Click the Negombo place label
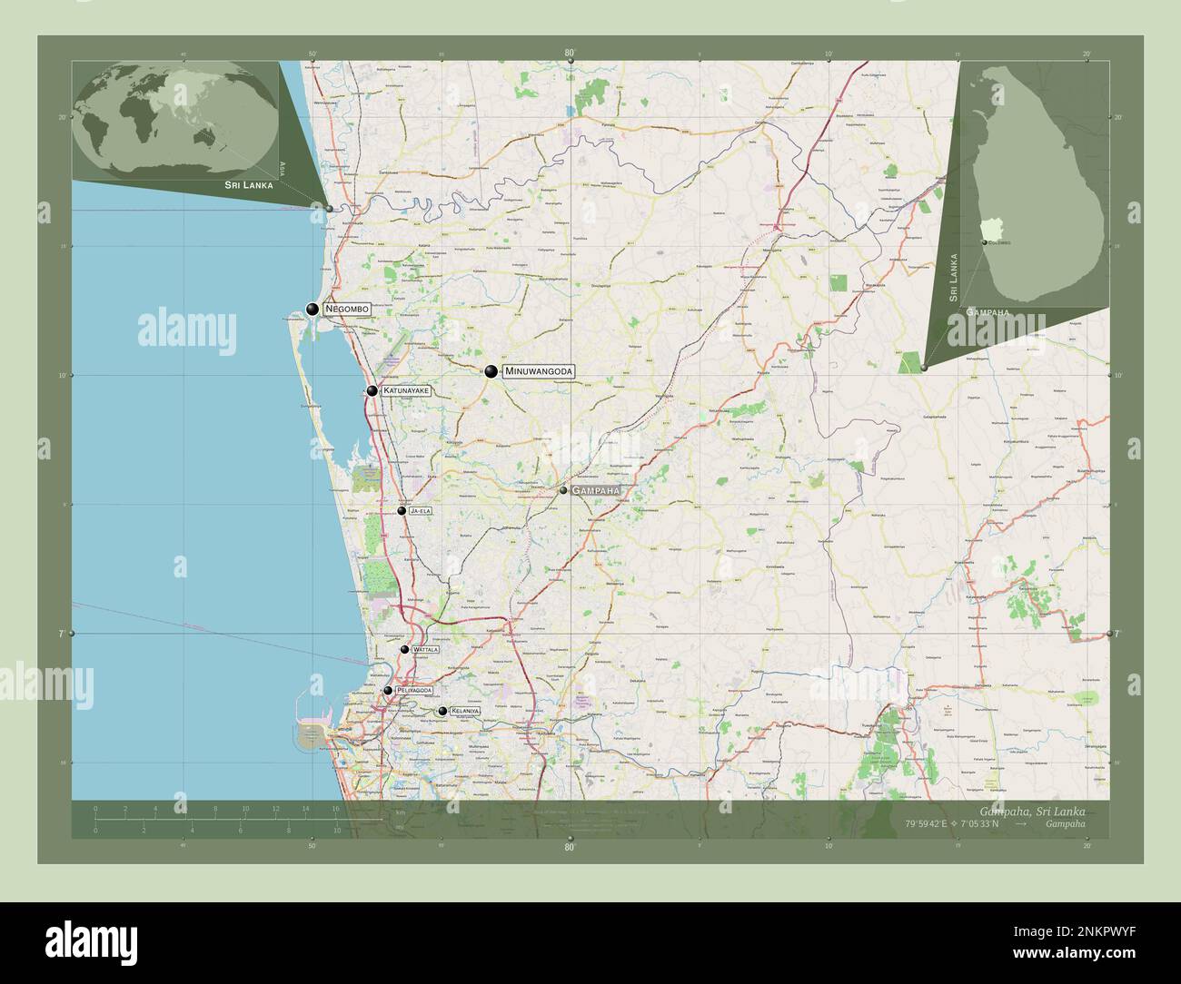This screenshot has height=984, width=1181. [346, 310]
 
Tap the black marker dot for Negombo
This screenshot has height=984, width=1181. [313, 310]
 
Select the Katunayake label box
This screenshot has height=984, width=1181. [404, 391]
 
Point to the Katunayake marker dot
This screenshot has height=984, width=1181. [372, 391]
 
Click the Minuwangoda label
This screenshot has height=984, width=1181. [539, 371]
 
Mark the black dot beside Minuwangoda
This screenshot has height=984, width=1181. [491, 371]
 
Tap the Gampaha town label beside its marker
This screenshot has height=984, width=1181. [596, 490]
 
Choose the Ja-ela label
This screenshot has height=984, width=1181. [421, 511]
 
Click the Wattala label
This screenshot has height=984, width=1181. [425, 650]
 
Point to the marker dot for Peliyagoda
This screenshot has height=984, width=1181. [388, 691]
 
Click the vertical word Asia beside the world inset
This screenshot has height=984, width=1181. [283, 167]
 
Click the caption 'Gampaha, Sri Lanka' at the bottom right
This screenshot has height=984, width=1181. [1032, 810]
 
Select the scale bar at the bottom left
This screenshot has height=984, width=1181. [218, 819]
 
